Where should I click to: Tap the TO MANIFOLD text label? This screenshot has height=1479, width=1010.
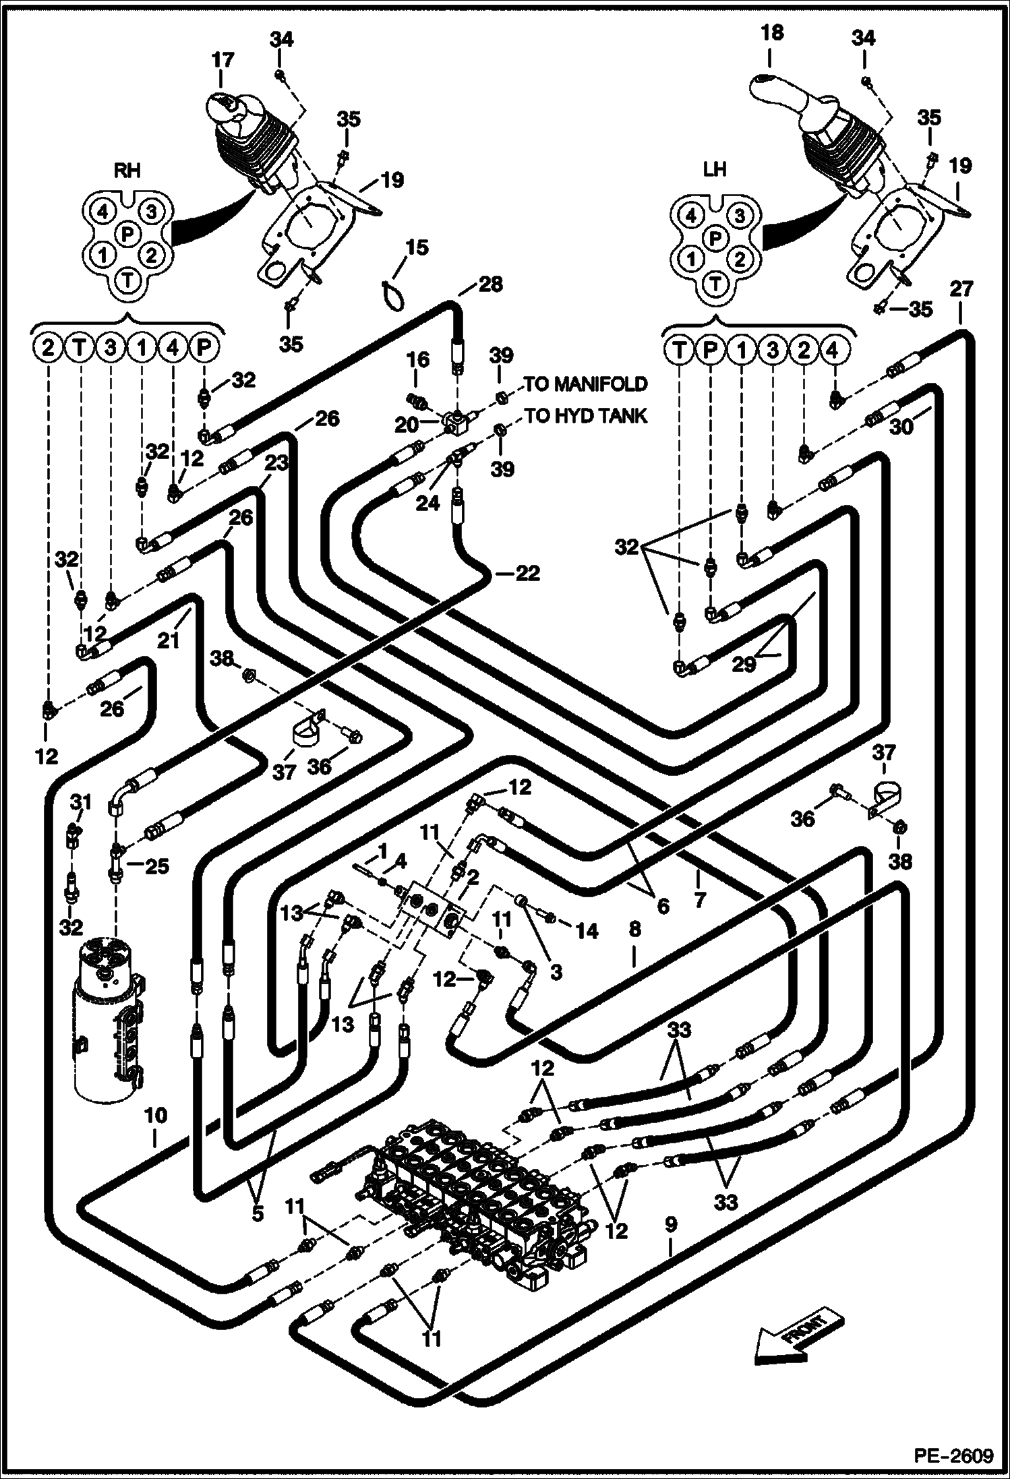tap(585, 384)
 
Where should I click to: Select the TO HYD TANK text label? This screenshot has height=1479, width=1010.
tap(585, 416)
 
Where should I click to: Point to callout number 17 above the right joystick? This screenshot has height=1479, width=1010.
tap(222, 61)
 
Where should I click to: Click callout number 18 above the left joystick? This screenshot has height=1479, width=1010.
tap(772, 32)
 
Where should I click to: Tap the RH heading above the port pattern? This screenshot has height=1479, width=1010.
tap(127, 171)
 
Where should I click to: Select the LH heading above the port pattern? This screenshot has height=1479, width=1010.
tap(715, 169)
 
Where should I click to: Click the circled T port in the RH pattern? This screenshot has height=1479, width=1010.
tap(127, 278)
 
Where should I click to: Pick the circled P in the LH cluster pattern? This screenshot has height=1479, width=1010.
tap(716, 237)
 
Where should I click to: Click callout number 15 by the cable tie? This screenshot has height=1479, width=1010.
tap(417, 247)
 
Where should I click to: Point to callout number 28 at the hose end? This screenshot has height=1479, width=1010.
tap(490, 284)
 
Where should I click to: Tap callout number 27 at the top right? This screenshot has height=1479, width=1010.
tap(961, 289)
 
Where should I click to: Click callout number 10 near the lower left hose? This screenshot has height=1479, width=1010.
tap(155, 1115)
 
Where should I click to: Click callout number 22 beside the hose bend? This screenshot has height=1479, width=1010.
tap(527, 573)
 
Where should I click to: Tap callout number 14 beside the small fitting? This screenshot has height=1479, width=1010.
tap(586, 931)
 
